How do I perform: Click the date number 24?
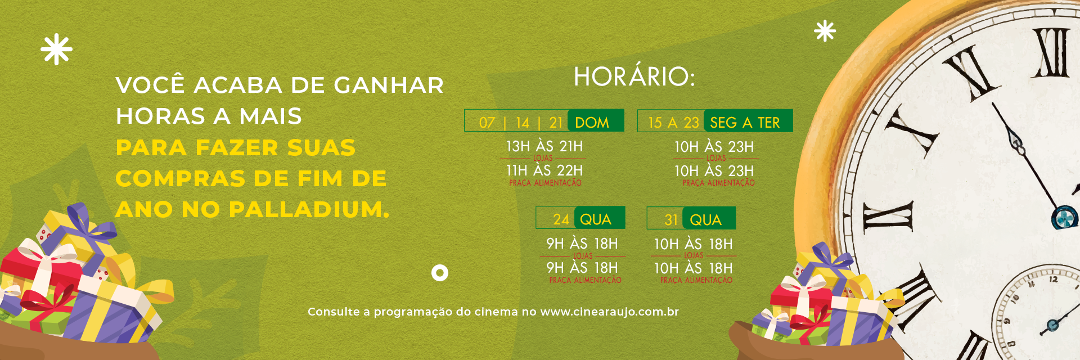tap(561, 219)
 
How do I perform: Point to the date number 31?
tap(671, 220)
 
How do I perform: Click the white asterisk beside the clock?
tap(825, 31)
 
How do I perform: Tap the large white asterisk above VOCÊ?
tap(56, 49)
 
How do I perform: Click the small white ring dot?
tap(440, 273)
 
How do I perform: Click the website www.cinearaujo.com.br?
tap(609, 312)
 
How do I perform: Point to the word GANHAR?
tap(389, 85)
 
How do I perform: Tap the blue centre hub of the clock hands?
tap(1064, 218)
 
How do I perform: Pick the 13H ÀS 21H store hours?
tap(544, 146)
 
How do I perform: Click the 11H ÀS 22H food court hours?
tap(544, 170)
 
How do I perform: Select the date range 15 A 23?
tap(673, 123)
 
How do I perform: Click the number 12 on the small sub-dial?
tap(1054, 279)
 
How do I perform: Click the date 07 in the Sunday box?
tap(487, 123)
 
